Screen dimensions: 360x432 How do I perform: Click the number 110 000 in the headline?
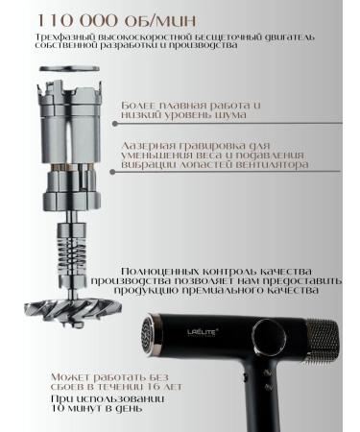coord(78,20)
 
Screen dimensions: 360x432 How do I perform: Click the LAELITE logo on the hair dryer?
coord(201,332)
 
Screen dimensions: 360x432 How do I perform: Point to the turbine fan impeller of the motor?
coord(73,309)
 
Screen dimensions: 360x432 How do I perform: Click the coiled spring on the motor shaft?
coord(72,251)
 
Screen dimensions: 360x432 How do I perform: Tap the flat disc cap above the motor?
coord(69,69)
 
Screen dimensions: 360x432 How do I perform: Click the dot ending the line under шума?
coord(115,124)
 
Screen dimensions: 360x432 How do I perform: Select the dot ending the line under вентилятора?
coord(112,172)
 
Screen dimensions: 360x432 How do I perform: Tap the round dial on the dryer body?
coord(268,338)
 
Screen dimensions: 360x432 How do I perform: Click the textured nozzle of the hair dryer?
coord(323,341)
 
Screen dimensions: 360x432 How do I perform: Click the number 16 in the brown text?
coord(155,387)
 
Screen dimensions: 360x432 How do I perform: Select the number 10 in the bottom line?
coord(58,408)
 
